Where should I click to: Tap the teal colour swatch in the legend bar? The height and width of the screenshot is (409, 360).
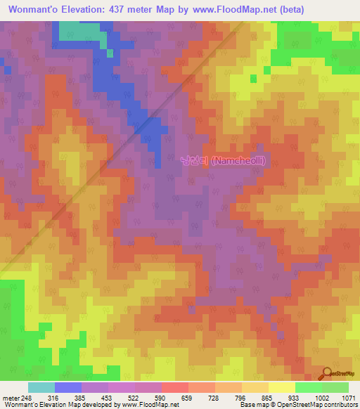41,388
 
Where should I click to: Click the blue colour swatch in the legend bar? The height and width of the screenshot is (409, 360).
68,388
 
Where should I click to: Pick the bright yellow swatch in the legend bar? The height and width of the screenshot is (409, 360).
282,388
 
